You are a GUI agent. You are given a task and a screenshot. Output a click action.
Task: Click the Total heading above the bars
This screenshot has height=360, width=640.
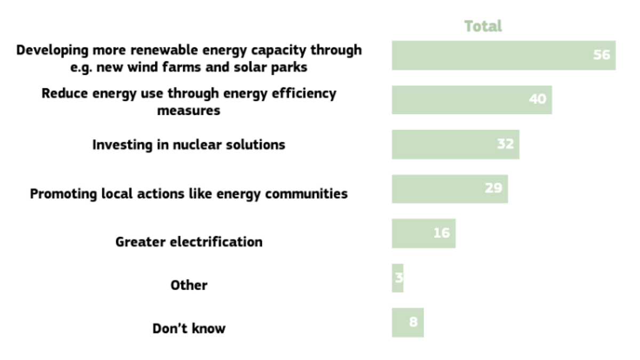click(483, 26)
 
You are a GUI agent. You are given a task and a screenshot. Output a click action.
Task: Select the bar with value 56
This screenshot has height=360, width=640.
click(503, 55)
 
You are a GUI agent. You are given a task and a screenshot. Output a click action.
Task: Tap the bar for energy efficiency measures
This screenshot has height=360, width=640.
click(471, 100)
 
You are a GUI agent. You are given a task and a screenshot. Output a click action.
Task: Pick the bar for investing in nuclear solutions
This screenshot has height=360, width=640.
click(455, 145)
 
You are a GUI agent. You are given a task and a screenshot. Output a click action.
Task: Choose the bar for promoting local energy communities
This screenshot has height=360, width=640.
click(450, 189)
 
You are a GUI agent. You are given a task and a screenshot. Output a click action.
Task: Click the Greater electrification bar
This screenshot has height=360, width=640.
click(423, 234)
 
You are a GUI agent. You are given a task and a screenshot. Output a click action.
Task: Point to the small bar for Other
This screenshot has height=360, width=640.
click(397, 278)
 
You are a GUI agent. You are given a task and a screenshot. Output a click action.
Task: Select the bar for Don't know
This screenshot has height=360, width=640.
click(407, 323)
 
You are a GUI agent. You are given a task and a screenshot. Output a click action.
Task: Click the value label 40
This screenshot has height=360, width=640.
click(538, 99)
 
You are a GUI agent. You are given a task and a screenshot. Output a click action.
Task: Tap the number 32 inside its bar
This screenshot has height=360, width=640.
click(506, 143)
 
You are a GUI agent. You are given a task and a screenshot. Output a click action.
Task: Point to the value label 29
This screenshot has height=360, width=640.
click(493, 188)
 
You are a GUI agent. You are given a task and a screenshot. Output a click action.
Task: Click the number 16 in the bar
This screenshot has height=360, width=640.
click(442, 233)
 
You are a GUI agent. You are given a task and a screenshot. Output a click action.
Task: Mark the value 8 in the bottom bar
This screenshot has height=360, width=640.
click(413, 322)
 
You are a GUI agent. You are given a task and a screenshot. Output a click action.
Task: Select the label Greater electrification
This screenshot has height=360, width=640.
click(189, 242)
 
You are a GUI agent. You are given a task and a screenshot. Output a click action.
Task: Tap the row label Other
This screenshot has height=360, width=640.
click(189, 285)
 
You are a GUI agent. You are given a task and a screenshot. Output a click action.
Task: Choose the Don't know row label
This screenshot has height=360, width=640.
click(189, 329)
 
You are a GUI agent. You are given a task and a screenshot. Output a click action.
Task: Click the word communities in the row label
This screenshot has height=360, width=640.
click(306, 194)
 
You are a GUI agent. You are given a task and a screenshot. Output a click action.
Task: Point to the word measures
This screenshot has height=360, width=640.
click(189, 110)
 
